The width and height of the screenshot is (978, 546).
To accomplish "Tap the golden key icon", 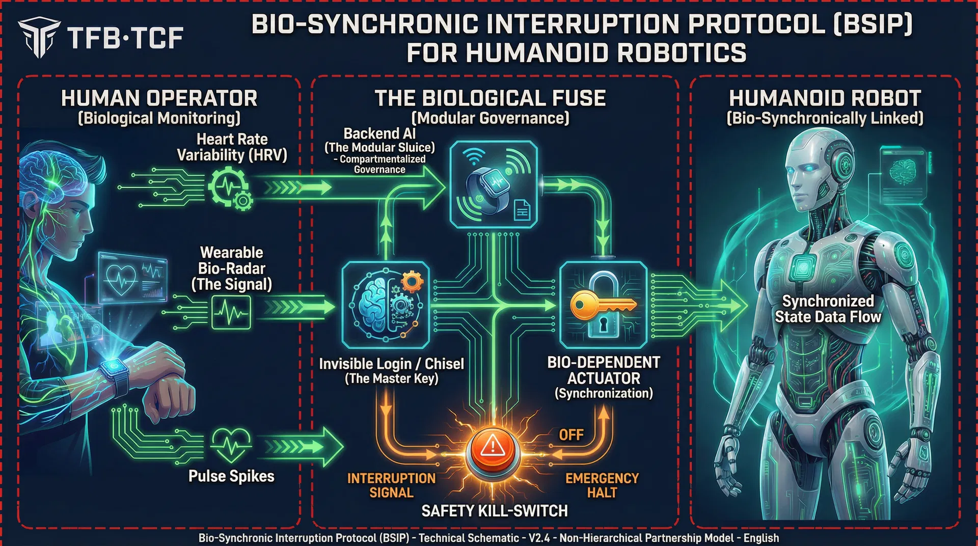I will coord(601,305).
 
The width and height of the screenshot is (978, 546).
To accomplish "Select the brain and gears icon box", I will coord(386,305).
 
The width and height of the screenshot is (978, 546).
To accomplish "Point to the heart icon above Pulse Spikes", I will coord(231,444).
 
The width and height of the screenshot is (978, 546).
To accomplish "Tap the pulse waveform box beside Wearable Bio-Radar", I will coord(231,312).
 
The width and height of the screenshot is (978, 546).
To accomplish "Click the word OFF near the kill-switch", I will coord(571,435).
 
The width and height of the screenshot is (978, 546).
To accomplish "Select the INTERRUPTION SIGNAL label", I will coord(391,485).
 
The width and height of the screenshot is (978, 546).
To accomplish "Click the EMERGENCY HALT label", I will coord(602,485).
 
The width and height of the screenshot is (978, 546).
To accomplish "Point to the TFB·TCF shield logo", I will coord(39,37).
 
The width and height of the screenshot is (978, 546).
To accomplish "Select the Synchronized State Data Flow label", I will coord(828,309).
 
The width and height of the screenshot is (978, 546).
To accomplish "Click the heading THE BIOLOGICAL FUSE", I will coord(490,98).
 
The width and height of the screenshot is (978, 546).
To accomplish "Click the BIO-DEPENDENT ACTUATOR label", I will coord(604,370).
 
